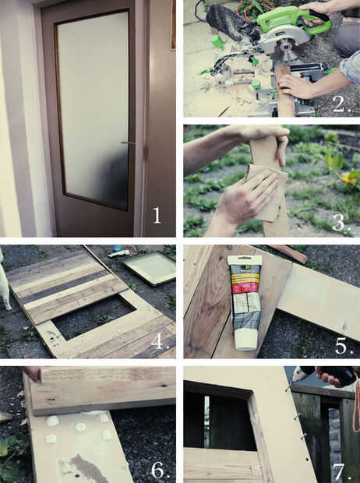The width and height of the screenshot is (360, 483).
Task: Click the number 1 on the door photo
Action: [157, 215]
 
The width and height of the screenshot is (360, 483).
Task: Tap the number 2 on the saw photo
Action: [341, 104]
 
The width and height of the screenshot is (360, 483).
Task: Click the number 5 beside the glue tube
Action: [343, 346]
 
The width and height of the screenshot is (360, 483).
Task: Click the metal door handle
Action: [128, 143]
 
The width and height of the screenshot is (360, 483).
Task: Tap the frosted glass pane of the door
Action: [93, 109]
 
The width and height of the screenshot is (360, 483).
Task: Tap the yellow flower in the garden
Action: [351, 178]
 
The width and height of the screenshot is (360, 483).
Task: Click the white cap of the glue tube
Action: [245, 339]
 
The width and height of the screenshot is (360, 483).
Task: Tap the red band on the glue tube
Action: [245, 288]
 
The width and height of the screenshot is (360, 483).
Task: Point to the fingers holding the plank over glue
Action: [32, 374]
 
